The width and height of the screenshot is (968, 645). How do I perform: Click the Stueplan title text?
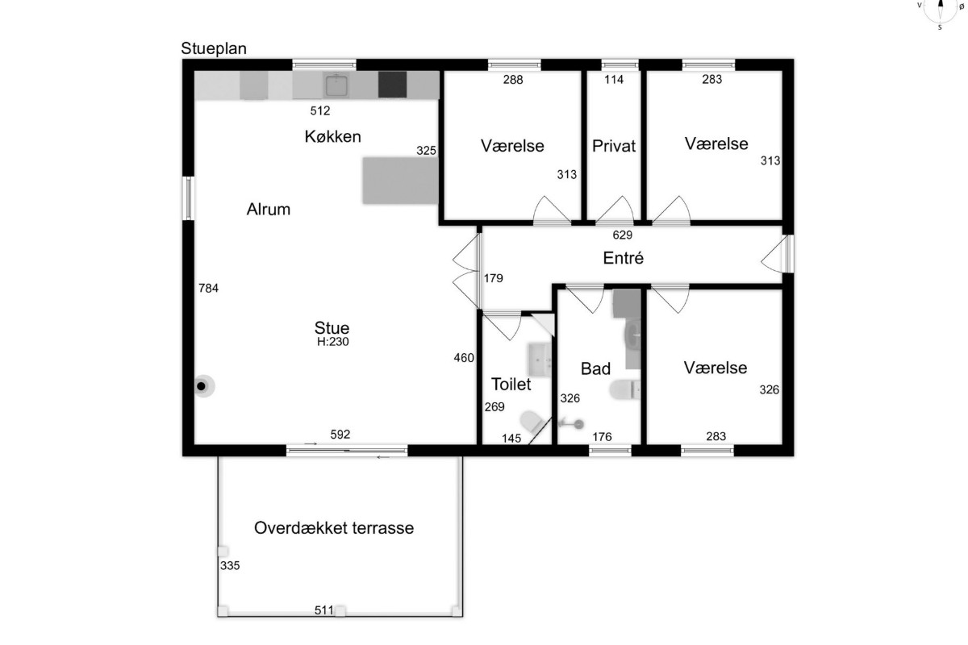[x=214, y=49]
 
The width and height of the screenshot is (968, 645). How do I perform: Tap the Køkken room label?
[x=332, y=136]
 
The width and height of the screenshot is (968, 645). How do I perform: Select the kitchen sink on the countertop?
[x=336, y=85]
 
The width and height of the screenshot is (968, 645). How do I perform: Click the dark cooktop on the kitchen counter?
[x=392, y=85]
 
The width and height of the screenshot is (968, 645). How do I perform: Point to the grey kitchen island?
[x=400, y=180]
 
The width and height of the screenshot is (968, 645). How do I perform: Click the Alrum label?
[x=269, y=210]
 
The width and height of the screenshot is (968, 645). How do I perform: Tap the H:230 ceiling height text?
[x=332, y=342]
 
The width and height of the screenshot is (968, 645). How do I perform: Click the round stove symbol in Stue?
[x=203, y=386]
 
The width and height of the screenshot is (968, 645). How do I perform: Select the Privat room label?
[x=614, y=146]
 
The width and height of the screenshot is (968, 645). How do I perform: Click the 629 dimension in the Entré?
[x=622, y=235]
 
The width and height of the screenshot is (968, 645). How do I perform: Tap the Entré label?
[x=623, y=258]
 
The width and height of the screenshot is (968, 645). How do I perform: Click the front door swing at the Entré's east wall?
[x=774, y=254]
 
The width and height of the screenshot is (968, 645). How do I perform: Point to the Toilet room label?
[x=511, y=385]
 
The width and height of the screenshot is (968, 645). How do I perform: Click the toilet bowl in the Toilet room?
[x=532, y=421]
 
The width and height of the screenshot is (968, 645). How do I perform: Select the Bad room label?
[x=595, y=369]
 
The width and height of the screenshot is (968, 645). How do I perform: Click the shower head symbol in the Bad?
[x=572, y=424]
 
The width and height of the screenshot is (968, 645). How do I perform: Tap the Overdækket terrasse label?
[x=334, y=528]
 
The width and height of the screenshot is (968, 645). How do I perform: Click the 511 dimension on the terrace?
[x=324, y=610]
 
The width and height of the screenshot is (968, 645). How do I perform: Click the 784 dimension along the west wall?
[x=208, y=288]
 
